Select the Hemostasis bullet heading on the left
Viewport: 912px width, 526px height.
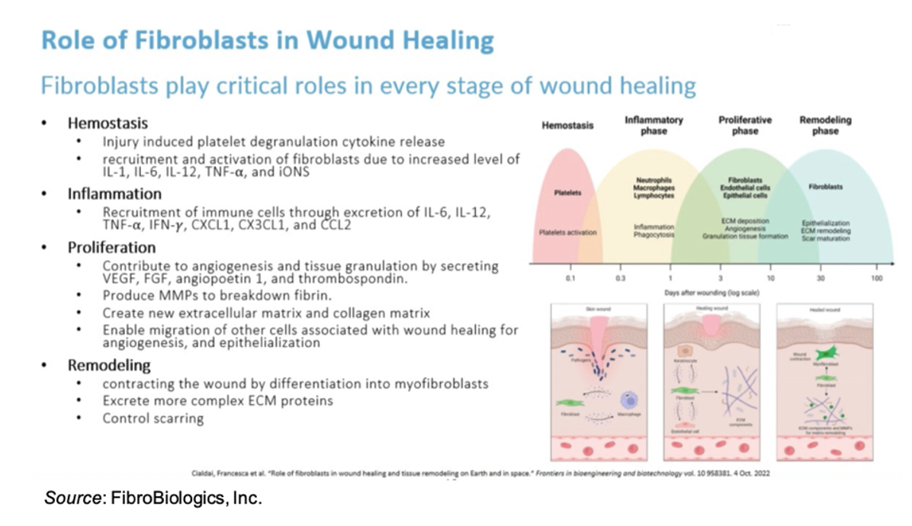(108, 123)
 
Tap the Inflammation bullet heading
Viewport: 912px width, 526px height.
(114, 194)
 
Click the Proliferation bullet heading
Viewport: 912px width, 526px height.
(111, 248)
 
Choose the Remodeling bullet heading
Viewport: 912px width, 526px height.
(109, 365)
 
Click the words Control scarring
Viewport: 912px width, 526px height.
(153, 418)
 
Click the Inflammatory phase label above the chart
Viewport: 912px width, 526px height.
(653, 126)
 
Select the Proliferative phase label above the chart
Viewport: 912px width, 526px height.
(744, 126)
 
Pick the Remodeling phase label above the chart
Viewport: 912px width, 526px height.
(825, 126)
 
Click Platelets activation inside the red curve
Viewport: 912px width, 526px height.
(568, 232)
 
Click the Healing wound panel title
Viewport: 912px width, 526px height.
(712, 308)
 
